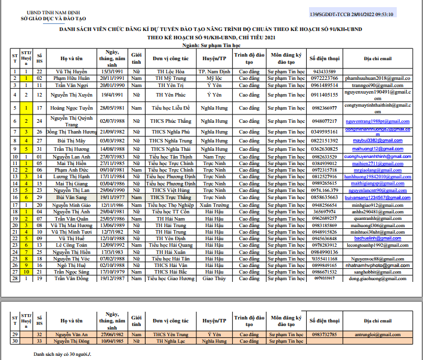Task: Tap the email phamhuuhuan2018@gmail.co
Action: (x=378, y=78)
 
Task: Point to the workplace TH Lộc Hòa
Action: (x=170, y=72)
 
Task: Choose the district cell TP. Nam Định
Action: (x=214, y=72)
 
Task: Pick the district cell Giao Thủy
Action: (x=214, y=278)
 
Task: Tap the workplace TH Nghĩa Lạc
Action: (x=170, y=341)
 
